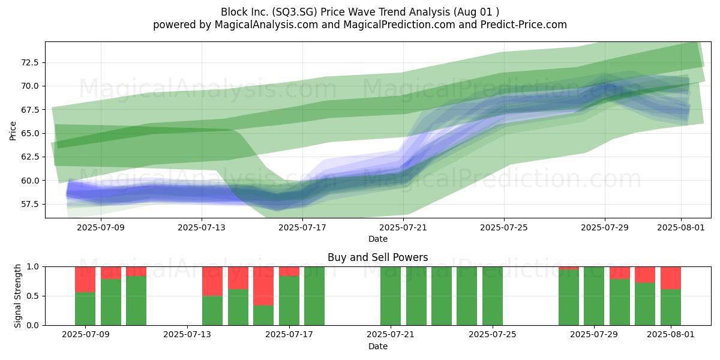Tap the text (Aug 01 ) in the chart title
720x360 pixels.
(476, 12)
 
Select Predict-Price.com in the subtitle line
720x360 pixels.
(523, 25)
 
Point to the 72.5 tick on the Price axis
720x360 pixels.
(30, 62)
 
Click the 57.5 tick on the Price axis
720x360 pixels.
(30, 204)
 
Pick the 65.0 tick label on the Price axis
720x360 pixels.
(30, 133)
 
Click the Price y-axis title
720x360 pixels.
(13, 131)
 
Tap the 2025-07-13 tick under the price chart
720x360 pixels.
(202, 227)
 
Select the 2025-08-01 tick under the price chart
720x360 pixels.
(681, 227)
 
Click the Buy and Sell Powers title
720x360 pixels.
(377, 257)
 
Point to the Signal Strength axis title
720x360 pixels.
(17, 296)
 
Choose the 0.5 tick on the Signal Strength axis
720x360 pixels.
(33, 296)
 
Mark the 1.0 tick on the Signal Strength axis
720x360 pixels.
(33, 266)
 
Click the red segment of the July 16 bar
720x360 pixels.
(263, 286)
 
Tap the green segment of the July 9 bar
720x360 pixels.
(85, 308)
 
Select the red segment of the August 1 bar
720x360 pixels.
(671, 278)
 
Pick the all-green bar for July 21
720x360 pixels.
(391, 296)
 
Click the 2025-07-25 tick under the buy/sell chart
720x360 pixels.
(493, 335)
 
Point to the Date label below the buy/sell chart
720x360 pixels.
(377, 347)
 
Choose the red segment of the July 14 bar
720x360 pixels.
(212, 281)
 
